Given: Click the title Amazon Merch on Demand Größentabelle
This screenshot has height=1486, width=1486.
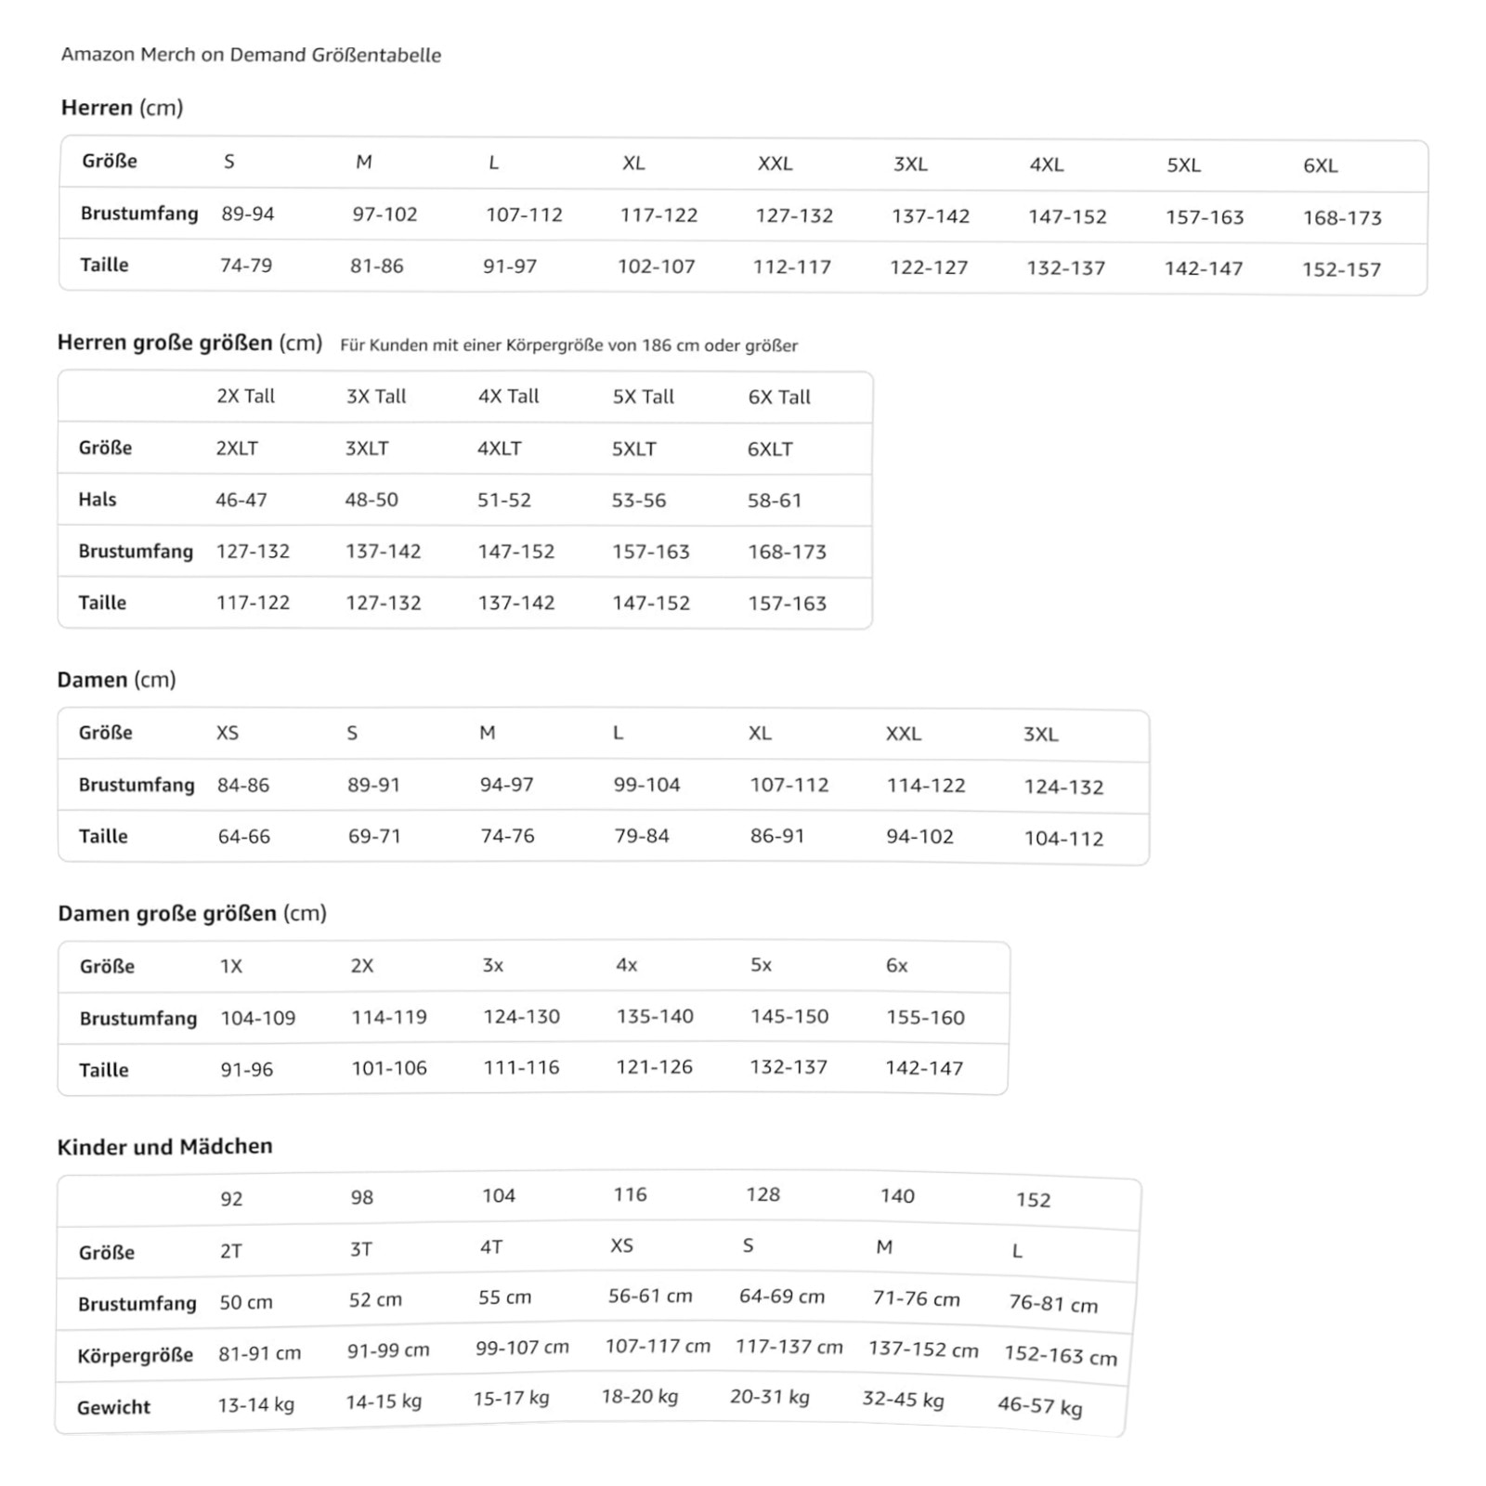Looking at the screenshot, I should (x=251, y=55).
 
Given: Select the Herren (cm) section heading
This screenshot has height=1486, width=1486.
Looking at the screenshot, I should (x=122, y=108).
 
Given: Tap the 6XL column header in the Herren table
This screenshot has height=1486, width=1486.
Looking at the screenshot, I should (x=1320, y=166).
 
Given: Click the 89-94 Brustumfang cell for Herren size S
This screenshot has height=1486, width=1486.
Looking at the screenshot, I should (x=247, y=215).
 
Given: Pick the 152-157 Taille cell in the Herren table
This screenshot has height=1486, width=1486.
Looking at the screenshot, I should (x=1340, y=270).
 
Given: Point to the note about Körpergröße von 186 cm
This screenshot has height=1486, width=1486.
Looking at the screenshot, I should (x=568, y=345).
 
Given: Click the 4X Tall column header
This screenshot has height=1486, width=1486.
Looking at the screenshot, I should (x=508, y=397).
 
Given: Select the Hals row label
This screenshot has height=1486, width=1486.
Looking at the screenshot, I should (x=98, y=500).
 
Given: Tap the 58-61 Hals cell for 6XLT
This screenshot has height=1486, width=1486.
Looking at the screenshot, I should (x=774, y=501).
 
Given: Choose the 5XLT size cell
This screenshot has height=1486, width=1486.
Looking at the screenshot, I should (x=633, y=450).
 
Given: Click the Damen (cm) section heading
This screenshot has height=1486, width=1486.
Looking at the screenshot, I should (x=116, y=680).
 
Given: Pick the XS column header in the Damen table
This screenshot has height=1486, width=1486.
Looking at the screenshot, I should (x=228, y=734).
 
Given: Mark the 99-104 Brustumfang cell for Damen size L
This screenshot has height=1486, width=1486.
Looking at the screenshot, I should (x=646, y=786).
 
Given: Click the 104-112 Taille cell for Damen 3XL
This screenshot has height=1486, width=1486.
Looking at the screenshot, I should (x=1063, y=839).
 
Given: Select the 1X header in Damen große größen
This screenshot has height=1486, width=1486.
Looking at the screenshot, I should (x=231, y=967).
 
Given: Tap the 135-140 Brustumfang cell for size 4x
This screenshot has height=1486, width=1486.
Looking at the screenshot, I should (x=655, y=1017).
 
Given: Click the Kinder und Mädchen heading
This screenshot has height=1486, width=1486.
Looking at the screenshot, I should (x=164, y=1147).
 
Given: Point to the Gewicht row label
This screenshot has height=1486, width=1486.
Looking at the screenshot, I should (x=113, y=1408).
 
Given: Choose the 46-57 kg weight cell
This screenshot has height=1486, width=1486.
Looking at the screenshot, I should (x=1039, y=1406).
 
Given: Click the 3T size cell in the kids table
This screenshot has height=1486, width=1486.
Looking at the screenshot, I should (x=361, y=1250).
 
